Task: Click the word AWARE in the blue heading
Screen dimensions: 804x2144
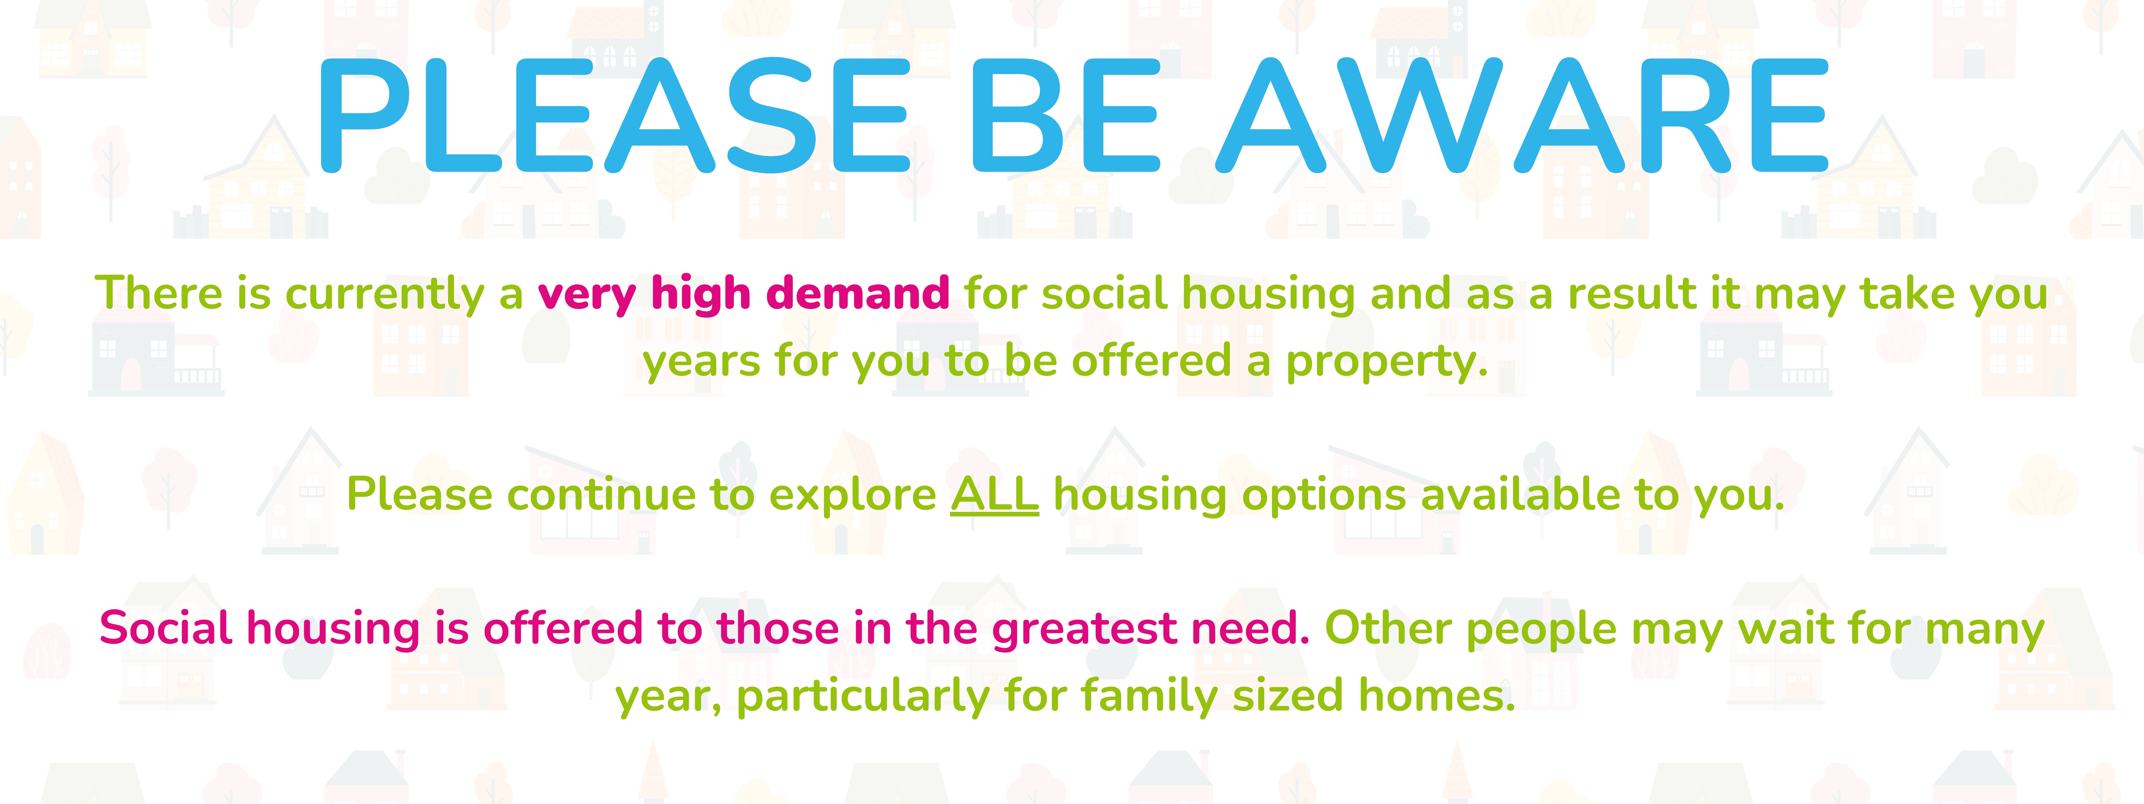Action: tap(1521, 117)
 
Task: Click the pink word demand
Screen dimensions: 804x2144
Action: tap(857, 294)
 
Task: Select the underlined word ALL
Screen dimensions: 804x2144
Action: tap(995, 494)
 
